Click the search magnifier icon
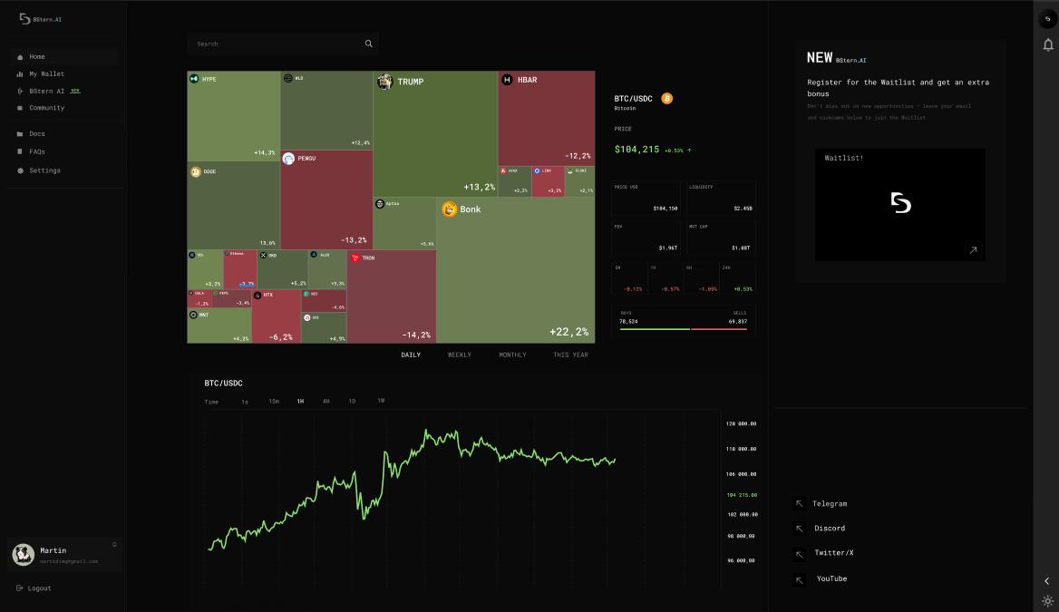[x=369, y=44]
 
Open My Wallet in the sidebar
[x=46, y=73]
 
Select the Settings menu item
[x=44, y=170]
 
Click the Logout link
[x=39, y=588]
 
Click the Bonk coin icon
[x=450, y=209]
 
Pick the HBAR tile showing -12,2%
[x=546, y=118]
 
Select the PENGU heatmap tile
[x=326, y=199]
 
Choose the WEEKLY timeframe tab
[x=460, y=355]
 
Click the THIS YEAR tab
[x=570, y=355]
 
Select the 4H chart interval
[x=325, y=401]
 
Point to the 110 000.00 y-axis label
[x=741, y=449]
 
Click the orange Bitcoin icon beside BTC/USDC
[x=667, y=98]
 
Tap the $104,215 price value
[x=636, y=150]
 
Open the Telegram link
[x=829, y=503]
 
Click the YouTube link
[x=831, y=578]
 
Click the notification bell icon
[x=1048, y=45]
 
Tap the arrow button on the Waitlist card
[x=973, y=250]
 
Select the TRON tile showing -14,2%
[x=391, y=297]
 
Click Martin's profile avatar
[x=24, y=554]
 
